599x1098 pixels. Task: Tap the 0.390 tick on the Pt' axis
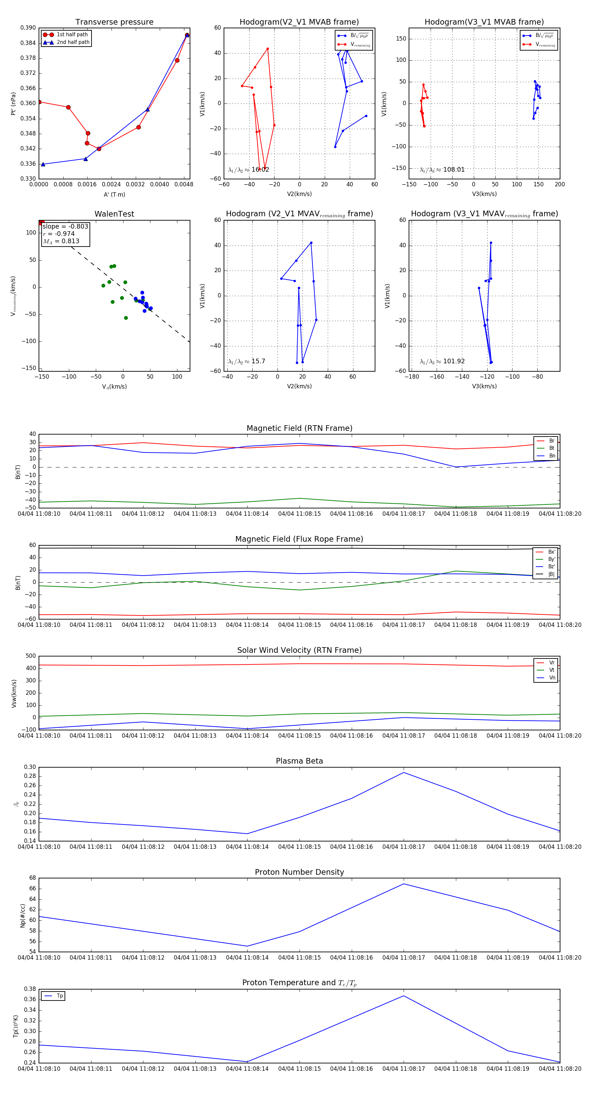click(28, 28)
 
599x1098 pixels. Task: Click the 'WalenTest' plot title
click(114, 214)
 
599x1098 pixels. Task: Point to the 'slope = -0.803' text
click(65, 226)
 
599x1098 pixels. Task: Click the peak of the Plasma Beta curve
click(404, 772)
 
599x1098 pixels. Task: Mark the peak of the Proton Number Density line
click(404, 884)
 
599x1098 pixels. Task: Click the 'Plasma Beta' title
click(299, 761)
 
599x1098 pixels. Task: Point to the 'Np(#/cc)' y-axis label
click(23, 916)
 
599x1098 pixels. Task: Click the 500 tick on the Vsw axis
click(31, 656)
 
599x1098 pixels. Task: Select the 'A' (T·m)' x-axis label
click(114, 194)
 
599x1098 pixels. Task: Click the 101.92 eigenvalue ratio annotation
click(442, 361)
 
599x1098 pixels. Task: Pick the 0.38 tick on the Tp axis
click(30, 989)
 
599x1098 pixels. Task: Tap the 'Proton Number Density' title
click(299, 872)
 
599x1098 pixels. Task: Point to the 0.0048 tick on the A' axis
click(184, 185)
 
